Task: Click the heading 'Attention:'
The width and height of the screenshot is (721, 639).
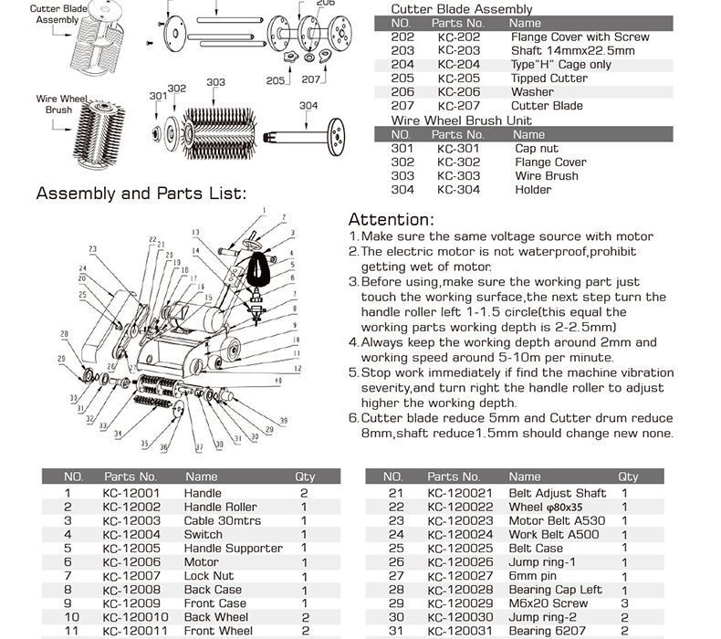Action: pyautogui.click(x=390, y=220)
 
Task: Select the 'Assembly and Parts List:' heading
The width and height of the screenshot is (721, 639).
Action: pyautogui.click(x=141, y=194)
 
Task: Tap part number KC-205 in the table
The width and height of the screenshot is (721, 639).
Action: pyautogui.click(x=458, y=79)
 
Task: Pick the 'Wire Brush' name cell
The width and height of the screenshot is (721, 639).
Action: pyautogui.click(x=547, y=176)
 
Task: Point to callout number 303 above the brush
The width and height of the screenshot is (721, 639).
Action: pyautogui.click(x=215, y=83)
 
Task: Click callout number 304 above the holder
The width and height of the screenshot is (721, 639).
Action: pyautogui.click(x=308, y=106)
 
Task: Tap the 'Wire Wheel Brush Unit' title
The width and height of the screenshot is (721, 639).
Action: pyautogui.click(x=461, y=120)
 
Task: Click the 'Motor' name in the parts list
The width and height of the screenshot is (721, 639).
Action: pyautogui.click(x=202, y=562)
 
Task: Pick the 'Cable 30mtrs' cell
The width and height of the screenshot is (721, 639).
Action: pyautogui.click(x=222, y=521)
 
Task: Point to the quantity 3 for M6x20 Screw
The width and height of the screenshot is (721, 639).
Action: pyautogui.click(x=624, y=603)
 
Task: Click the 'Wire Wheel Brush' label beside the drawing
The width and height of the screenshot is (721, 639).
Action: pyautogui.click(x=54, y=104)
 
